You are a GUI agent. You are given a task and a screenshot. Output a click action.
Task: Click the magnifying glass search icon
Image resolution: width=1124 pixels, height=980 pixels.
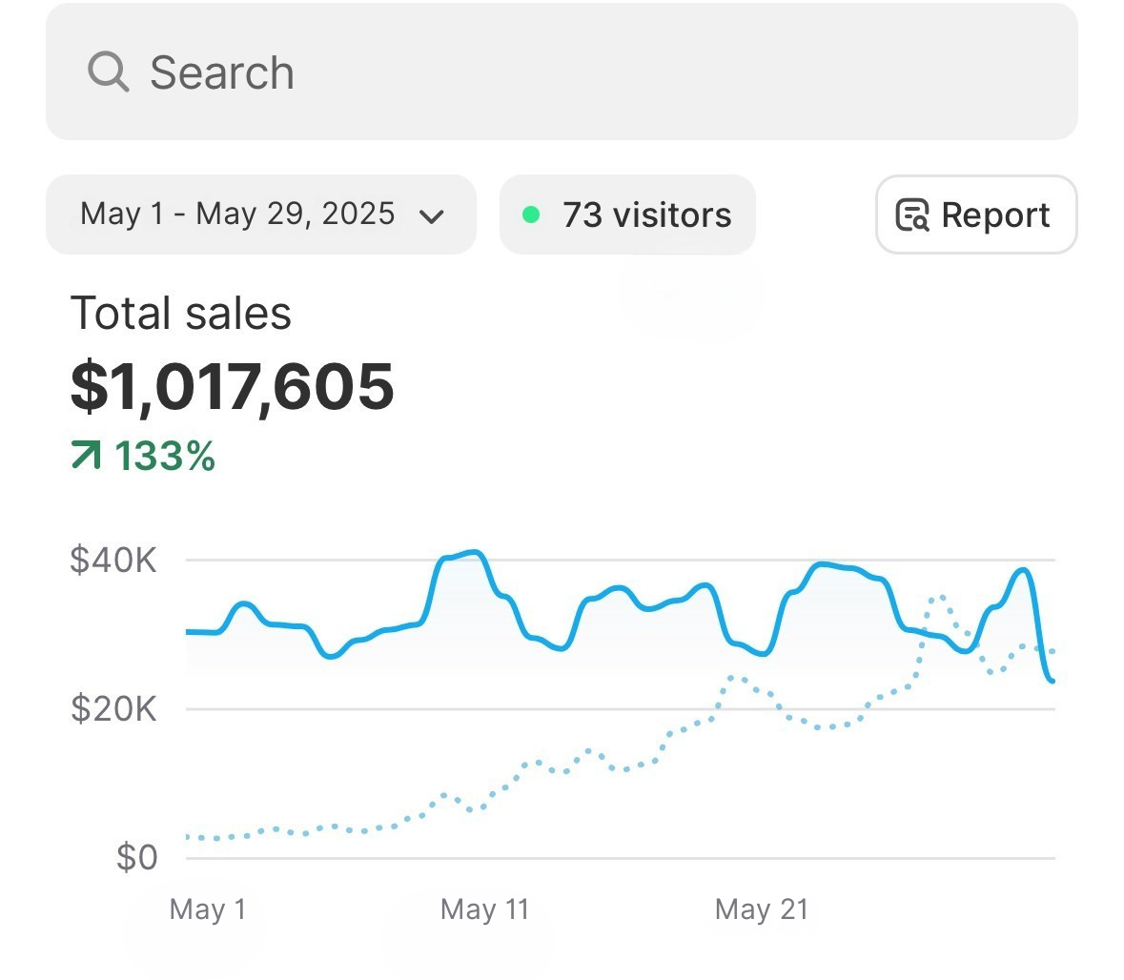108,71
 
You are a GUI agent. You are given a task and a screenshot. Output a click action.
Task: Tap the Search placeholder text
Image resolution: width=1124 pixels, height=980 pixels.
222,73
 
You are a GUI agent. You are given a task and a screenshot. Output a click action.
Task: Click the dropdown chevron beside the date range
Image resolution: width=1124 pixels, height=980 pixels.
432,216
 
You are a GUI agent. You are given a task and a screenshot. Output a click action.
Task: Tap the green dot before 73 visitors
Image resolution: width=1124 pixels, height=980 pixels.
531,214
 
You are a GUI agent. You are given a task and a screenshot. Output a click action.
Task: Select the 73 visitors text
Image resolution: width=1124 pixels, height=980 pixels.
646,215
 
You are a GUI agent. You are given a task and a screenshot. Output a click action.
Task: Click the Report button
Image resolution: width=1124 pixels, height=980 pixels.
975,214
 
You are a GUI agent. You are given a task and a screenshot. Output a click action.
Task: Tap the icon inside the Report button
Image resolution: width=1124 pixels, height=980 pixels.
912,215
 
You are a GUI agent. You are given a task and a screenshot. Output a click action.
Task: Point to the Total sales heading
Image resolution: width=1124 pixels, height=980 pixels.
181,314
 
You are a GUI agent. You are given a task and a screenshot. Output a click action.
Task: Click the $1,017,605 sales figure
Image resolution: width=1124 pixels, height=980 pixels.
233,386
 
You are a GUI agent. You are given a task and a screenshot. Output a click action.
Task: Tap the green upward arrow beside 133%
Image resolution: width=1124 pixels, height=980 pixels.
86,457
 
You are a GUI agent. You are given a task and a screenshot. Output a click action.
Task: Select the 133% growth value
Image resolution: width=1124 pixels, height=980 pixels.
165,457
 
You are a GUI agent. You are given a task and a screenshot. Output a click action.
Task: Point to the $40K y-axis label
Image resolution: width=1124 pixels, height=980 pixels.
113,560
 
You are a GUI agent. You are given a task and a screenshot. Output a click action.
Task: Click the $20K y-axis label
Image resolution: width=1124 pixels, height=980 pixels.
113,709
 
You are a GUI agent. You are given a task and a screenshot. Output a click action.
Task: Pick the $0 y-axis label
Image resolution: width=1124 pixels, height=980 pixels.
136,858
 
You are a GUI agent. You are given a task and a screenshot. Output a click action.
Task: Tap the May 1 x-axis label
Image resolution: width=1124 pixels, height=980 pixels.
207,909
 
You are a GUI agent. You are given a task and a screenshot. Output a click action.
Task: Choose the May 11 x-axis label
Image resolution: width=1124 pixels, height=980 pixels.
484,909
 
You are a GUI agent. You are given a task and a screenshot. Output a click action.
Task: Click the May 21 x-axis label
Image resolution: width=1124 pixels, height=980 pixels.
761,909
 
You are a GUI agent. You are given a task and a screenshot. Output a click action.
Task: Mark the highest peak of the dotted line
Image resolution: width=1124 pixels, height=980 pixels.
940,597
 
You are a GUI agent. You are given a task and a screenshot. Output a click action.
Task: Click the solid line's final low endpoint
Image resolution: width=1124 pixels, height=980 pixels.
1052,680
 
